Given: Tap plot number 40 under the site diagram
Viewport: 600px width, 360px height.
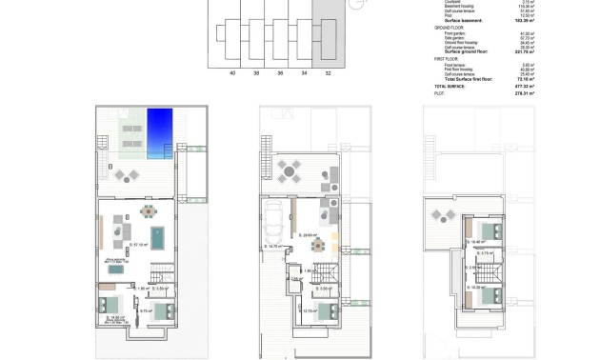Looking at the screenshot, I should [231, 72].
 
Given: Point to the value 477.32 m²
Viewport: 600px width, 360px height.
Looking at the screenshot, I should [525, 87].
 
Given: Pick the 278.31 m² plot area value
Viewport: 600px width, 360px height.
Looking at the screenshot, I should [525, 94].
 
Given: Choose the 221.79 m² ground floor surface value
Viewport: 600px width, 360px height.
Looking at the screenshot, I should [525, 51].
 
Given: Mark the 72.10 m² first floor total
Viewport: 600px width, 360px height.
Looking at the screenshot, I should [527, 80].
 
